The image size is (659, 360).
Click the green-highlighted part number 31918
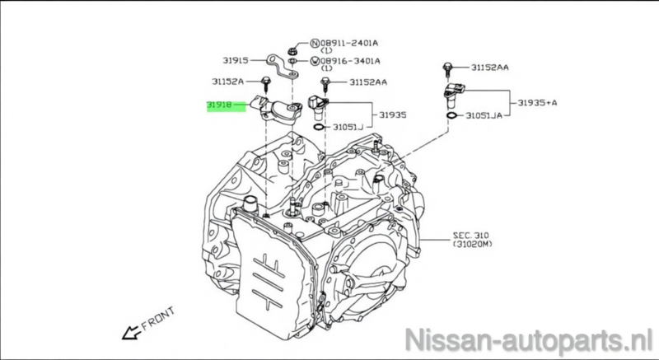click(220, 106)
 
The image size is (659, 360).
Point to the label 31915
click(235, 59)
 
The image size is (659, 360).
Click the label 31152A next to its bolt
click(227, 82)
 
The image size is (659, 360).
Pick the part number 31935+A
click(538, 103)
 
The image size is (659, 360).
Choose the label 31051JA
click(483, 117)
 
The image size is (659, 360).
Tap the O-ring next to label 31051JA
click(451, 117)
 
